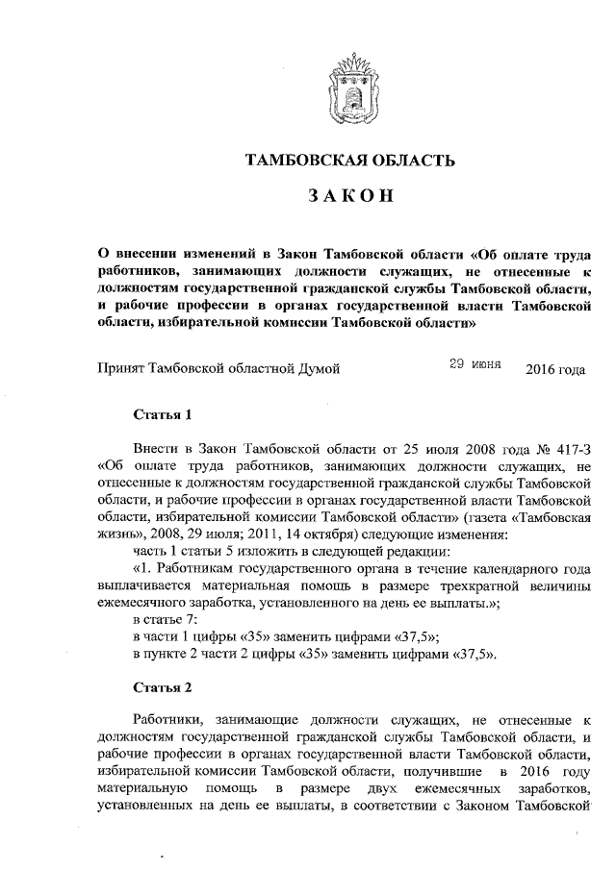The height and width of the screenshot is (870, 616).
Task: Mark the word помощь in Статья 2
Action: pos(228,789)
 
